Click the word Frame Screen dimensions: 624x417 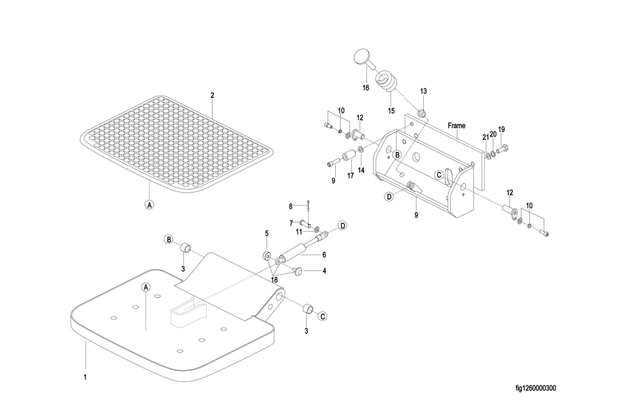456,125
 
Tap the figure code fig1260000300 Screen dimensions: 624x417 536,388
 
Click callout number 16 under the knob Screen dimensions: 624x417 366,88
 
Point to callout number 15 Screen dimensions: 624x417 391,111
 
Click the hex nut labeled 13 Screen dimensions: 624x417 423,113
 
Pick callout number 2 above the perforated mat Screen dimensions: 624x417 212,95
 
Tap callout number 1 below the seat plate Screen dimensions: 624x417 85,377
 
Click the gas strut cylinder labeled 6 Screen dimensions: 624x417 293,252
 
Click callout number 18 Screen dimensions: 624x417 274,280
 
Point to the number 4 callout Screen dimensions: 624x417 325,271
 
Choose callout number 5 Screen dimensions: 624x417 267,233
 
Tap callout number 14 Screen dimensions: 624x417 361,170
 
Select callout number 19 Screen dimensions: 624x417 501,130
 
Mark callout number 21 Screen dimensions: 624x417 485,138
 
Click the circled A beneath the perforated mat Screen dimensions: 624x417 149,205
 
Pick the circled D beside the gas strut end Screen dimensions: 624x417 342,225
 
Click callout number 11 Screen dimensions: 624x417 299,231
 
